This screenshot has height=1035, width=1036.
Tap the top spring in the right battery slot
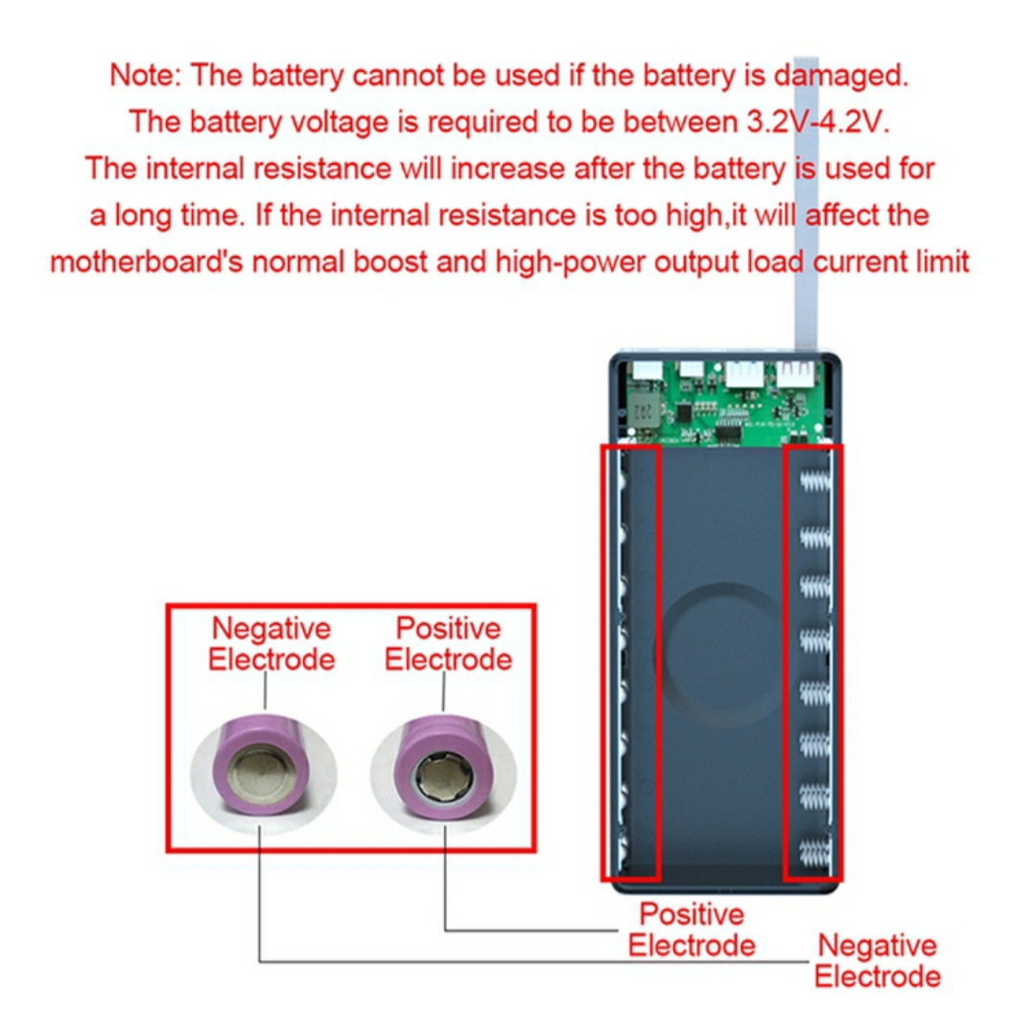tap(813, 478)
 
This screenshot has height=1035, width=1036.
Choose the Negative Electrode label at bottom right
tap(877, 960)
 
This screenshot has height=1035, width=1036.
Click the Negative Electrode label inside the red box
tap(271, 644)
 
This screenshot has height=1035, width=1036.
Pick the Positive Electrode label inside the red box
tap(448, 644)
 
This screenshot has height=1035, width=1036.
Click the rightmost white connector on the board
tap(796, 373)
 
